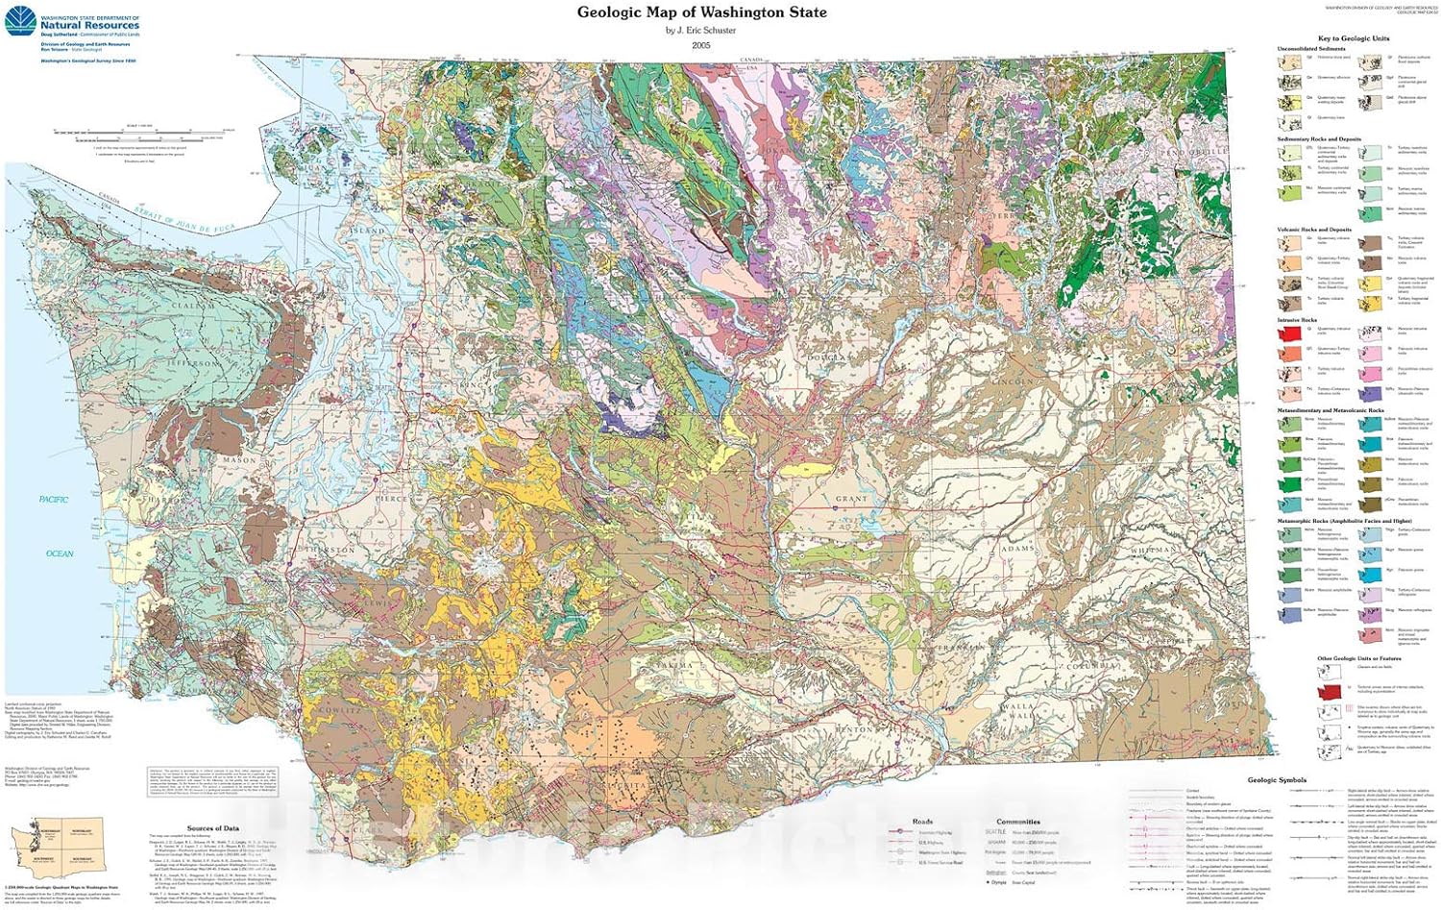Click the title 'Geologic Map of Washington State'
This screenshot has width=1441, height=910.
tap(701, 12)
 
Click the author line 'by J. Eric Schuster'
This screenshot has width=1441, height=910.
tap(701, 31)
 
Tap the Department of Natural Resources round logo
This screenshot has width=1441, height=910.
tap(20, 23)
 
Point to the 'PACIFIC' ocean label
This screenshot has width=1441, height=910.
tap(54, 500)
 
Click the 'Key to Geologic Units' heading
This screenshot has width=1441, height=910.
tap(1353, 38)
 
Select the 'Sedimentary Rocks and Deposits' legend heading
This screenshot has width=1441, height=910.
tap(1319, 139)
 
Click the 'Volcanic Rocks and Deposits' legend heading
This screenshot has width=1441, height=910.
tap(1314, 230)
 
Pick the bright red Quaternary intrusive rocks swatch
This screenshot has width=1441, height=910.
tap(1288, 333)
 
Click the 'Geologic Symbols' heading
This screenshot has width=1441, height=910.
tap(1277, 780)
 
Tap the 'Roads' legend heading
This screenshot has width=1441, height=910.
tap(922, 822)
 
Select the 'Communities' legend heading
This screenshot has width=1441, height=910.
tap(1018, 822)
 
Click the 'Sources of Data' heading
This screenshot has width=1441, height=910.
tap(212, 828)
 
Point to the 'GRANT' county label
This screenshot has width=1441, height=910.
tap(851, 500)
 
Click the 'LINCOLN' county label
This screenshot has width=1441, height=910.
tap(1015, 381)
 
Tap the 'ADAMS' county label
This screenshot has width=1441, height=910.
tap(1018, 549)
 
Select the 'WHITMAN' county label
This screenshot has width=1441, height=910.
tap(1150, 551)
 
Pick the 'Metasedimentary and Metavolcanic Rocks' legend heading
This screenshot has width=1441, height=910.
tap(1331, 410)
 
